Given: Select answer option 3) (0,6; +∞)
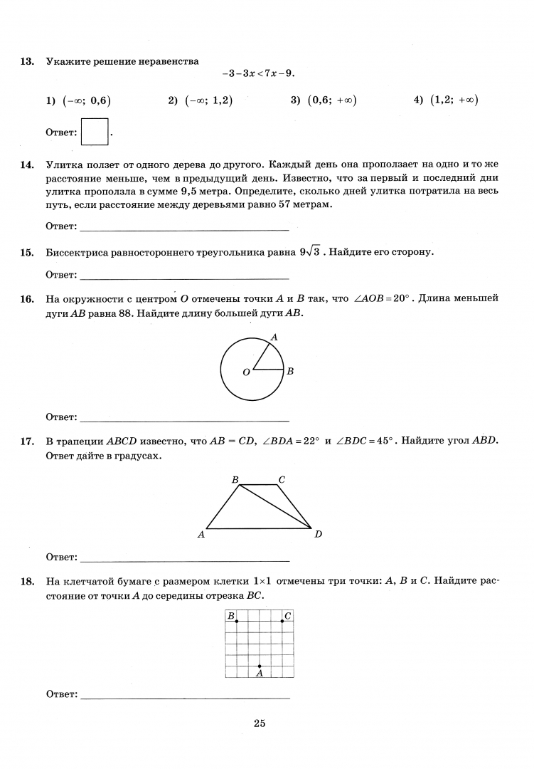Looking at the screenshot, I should pyautogui.click(x=324, y=100).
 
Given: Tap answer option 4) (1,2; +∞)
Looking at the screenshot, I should pyautogui.click(x=445, y=100).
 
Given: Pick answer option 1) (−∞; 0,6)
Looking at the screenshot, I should pyautogui.click(x=78, y=100).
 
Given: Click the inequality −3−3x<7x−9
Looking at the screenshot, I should pyautogui.click(x=257, y=74).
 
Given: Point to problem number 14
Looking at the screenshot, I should pyautogui.click(x=27, y=165).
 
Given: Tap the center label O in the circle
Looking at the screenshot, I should pyautogui.click(x=246, y=372).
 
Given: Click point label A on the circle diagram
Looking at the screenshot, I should pyautogui.click(x=274, y=338).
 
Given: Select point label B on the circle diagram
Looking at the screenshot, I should pyautogui.click(x=290, y=371).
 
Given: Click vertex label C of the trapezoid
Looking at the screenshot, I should pyautogui.click(x=282, y=480).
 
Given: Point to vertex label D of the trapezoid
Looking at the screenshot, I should pyautogui.click(x=318, y=534).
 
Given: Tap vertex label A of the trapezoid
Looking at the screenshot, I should pyautogui.click(x=201, y=534).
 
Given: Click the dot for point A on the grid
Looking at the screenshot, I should pyautogui.click(x=260, y=666).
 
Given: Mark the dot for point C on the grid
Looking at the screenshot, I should pyautogui.click(x=282, y=621).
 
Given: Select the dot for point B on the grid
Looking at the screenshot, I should pyautogui.click(x=237, y=621).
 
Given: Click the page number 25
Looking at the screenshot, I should pyautogui.click(x=260, y=723).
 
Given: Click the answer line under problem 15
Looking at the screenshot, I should pyautogui.click(x=185, y=278).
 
